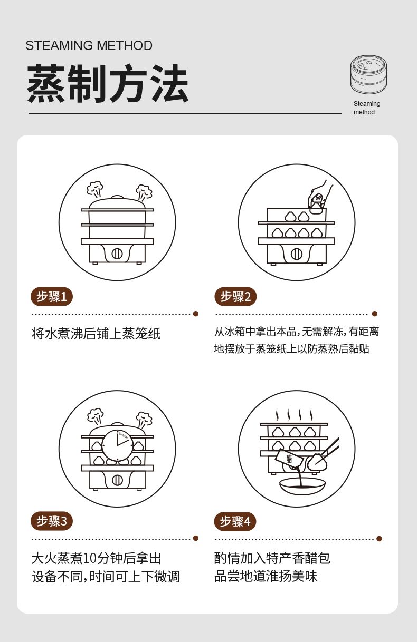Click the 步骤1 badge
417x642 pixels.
(52, 296)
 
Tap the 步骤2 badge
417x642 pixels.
(235, 296)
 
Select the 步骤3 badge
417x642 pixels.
(52, 521)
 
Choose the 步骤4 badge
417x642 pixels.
(235, 521)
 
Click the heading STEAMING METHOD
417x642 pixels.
(89, 45)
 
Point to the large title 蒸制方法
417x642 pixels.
(108, 83)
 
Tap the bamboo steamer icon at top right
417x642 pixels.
(368, 74)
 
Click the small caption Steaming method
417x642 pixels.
(367, 108)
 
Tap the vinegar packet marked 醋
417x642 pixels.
(289, 459)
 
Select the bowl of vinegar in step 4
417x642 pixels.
(302, 486)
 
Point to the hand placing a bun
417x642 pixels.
(320, 196)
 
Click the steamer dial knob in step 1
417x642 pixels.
(117, 254)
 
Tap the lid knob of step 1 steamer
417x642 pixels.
(117, 197)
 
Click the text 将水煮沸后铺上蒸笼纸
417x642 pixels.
(96, 334)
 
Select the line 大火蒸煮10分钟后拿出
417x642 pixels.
(97, 558)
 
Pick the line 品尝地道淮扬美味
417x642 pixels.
(266, 576)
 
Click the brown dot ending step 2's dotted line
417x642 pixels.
(375, 314)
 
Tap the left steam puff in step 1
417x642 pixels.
(95, 188)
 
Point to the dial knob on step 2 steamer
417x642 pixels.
(297, 254)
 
